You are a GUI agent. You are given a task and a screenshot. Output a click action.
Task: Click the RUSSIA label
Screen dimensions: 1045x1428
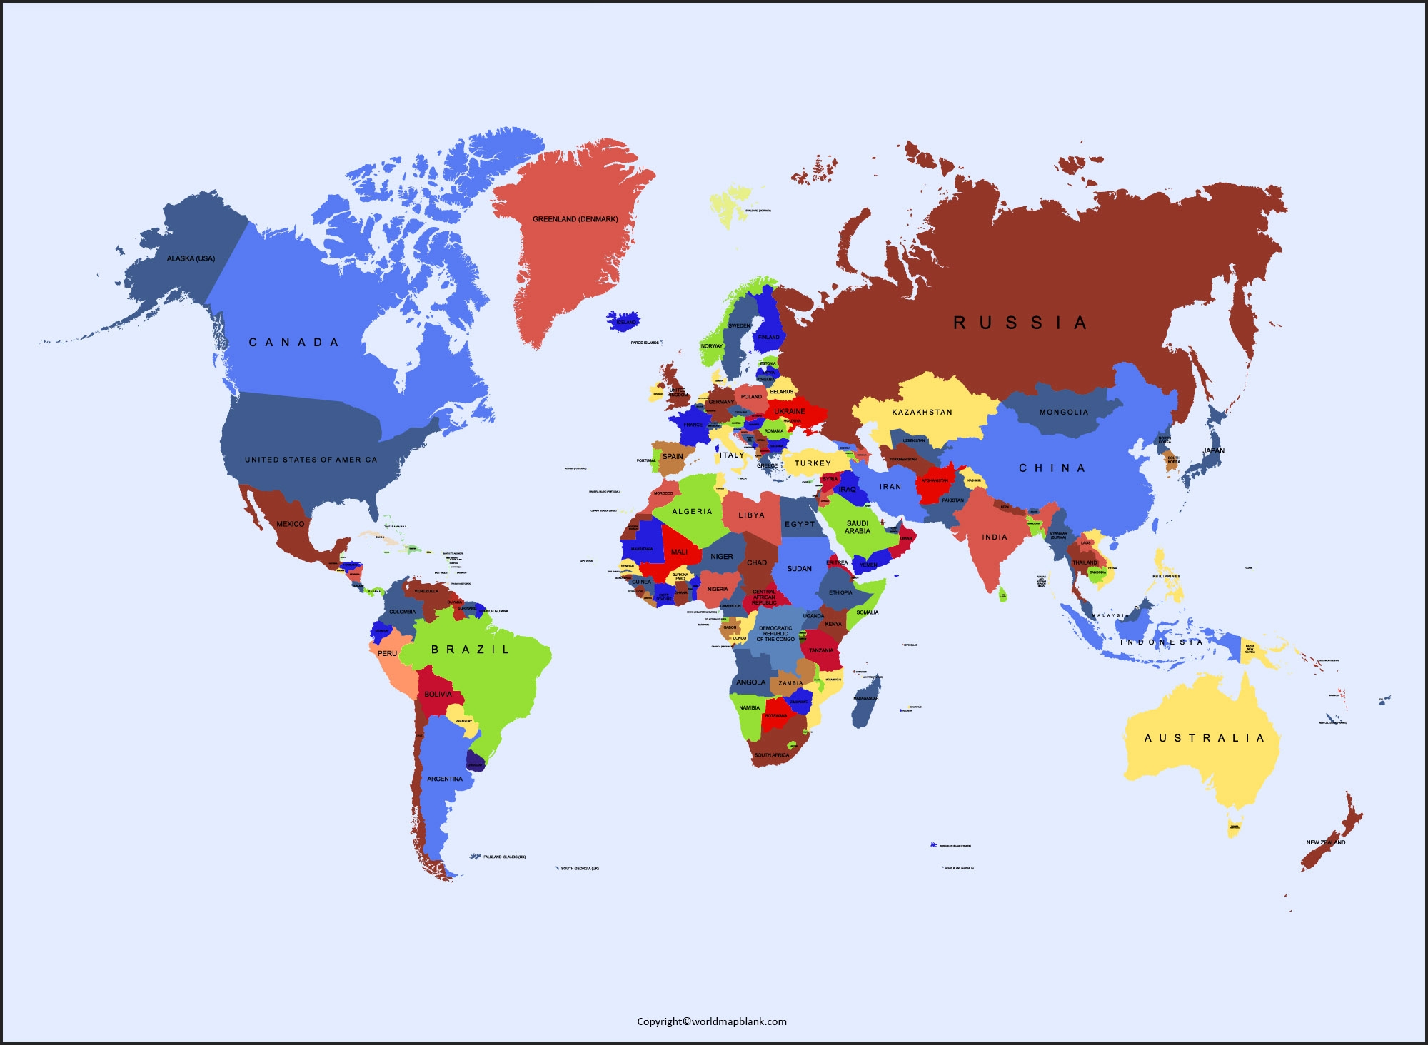[1020, 323]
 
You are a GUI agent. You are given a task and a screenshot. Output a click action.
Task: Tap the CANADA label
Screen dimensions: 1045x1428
[293, 343]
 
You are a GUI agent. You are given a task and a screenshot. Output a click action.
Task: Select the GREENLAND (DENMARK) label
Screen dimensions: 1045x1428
[575, 219]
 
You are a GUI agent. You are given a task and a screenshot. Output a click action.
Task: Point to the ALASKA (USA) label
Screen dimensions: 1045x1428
[191, 258]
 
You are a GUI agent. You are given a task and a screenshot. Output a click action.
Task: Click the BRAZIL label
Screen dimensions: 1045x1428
[471, 650]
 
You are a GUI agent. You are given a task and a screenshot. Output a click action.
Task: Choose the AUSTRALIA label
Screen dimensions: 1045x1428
[1205, 738]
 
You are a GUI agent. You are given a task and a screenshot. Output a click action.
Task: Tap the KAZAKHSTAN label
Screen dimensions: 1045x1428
[922, 412]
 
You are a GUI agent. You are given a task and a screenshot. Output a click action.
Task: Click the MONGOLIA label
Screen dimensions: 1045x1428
[1064, 412]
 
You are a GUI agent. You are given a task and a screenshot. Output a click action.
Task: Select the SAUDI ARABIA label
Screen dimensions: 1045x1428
[858, 527]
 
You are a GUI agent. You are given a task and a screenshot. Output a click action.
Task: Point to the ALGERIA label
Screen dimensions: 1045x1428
[692, 511]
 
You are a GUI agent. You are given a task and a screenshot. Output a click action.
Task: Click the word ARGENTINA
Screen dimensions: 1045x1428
[445, 779]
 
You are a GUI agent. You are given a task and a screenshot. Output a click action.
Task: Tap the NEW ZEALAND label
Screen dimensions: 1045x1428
[1326, 842]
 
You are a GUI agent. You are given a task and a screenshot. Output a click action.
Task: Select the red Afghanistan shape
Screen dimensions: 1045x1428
[935, 483]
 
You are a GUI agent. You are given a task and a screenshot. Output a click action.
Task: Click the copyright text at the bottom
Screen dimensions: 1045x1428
[712, 1021]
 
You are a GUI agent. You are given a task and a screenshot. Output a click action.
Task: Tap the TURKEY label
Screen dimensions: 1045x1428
[813, 463]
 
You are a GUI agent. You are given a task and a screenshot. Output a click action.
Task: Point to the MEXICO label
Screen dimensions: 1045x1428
[291, 524]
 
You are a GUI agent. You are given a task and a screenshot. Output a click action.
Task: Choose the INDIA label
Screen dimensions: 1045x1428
[995, 537]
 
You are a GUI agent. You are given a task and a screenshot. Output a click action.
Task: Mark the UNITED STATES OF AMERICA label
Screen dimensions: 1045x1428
[311, 460]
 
